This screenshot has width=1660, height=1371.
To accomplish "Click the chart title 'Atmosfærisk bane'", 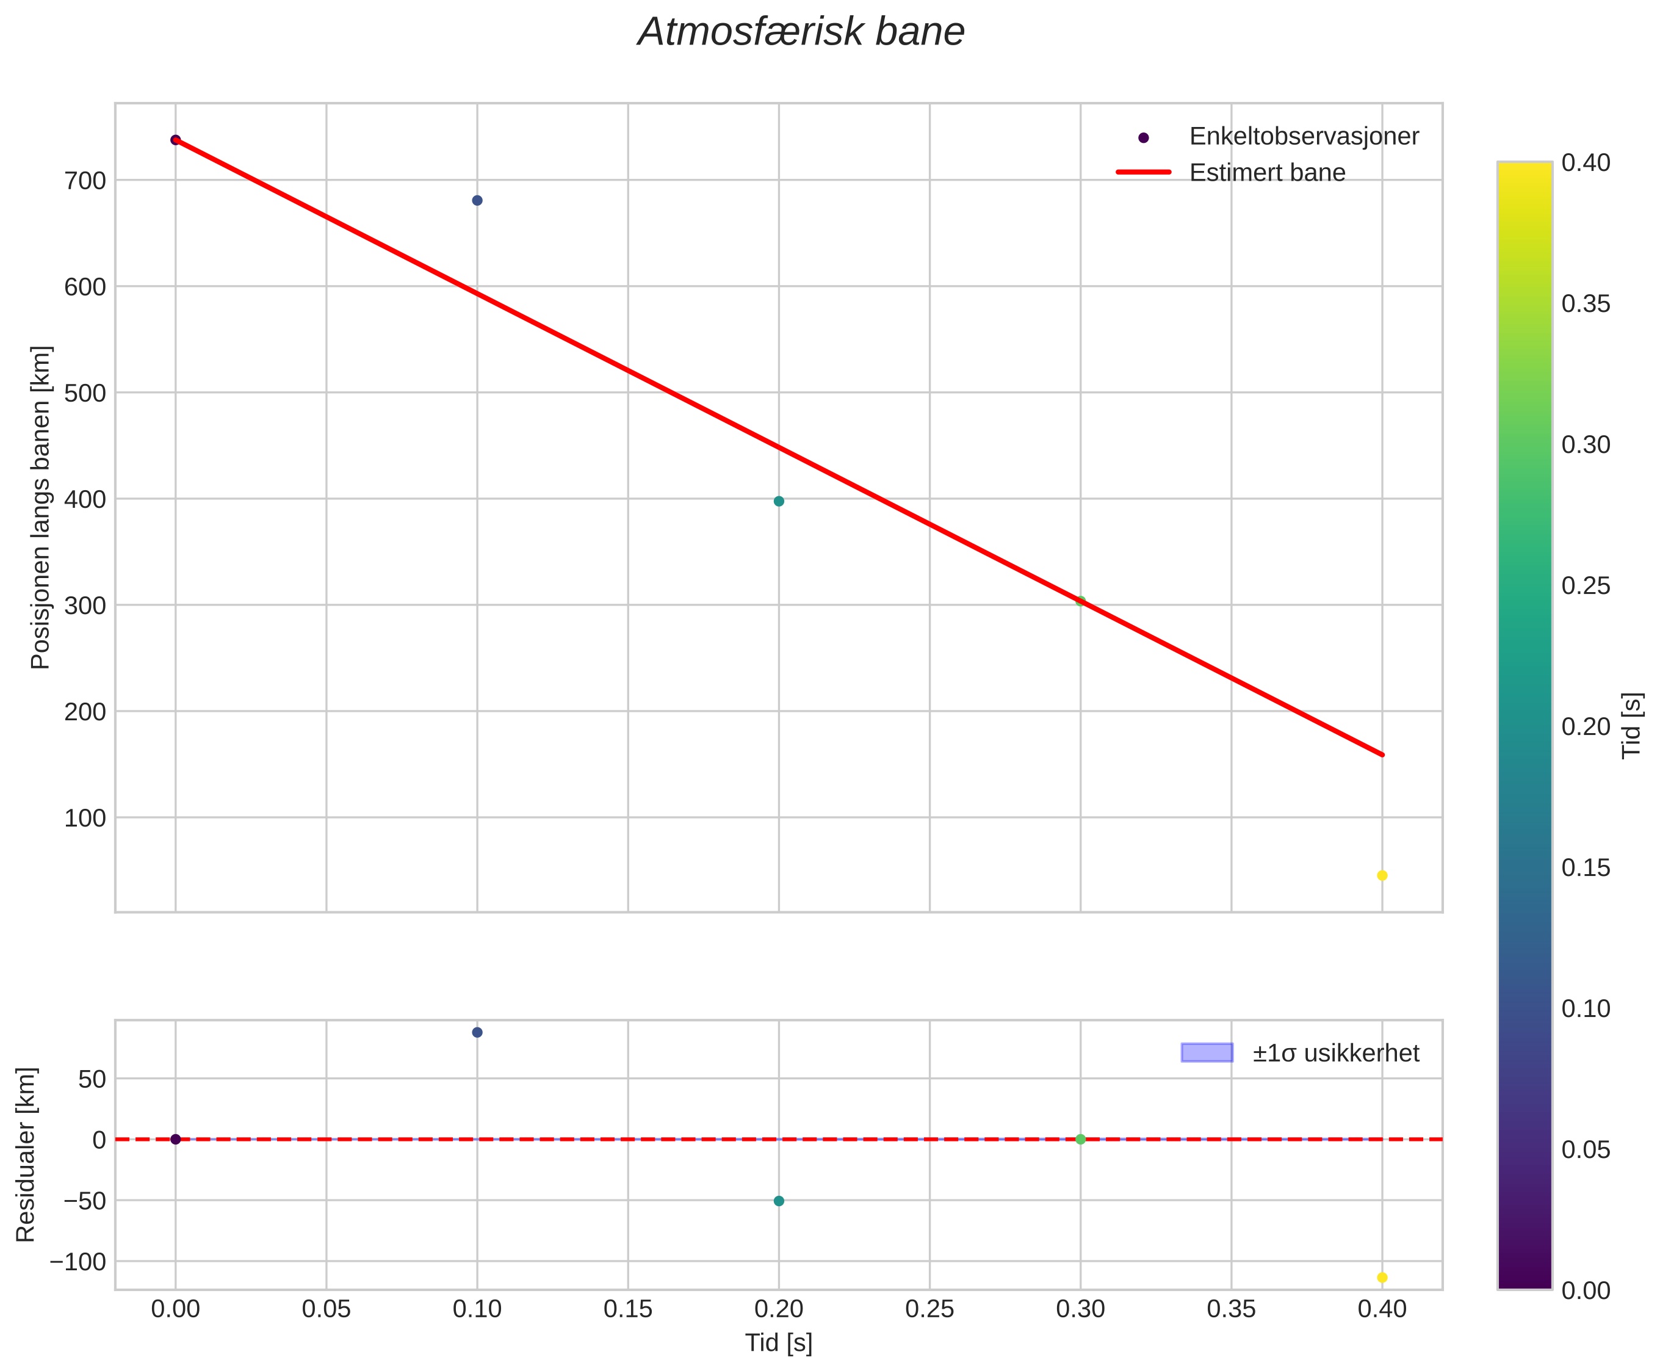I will (x=801, y=32).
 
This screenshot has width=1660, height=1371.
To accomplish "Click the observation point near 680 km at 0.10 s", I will (x=477, y=201).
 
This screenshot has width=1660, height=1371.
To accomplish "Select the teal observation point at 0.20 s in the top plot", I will (x=779, y=502).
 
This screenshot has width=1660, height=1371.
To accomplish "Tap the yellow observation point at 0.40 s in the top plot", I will (x=1382, y=876).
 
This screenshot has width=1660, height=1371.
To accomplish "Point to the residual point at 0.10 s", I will (x=477, y=1032).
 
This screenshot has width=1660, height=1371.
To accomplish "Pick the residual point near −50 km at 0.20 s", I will (x=779, y=1201).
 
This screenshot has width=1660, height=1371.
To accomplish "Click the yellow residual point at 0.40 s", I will (x=1382, y=1278).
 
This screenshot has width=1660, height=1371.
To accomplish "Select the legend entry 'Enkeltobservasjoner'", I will (x=1304, y=137).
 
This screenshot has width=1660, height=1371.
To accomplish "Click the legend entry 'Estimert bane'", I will (x=1267, y=173).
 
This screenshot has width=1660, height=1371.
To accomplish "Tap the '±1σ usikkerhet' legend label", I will (x=1335, y=1054).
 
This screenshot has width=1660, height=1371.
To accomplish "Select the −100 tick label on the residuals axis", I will (x=78, y=1262).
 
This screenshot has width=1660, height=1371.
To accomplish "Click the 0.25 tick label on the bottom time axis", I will (x=929, y=1310).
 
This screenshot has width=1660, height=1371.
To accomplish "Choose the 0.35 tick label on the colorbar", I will (x=1586, y=304).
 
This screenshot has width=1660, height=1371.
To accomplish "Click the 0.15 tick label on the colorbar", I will (x=1586, y=868).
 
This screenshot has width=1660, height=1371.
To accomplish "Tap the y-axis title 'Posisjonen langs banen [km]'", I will (x=40, y=507).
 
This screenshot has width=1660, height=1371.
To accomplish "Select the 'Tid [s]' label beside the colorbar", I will (x=1631, y=726).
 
